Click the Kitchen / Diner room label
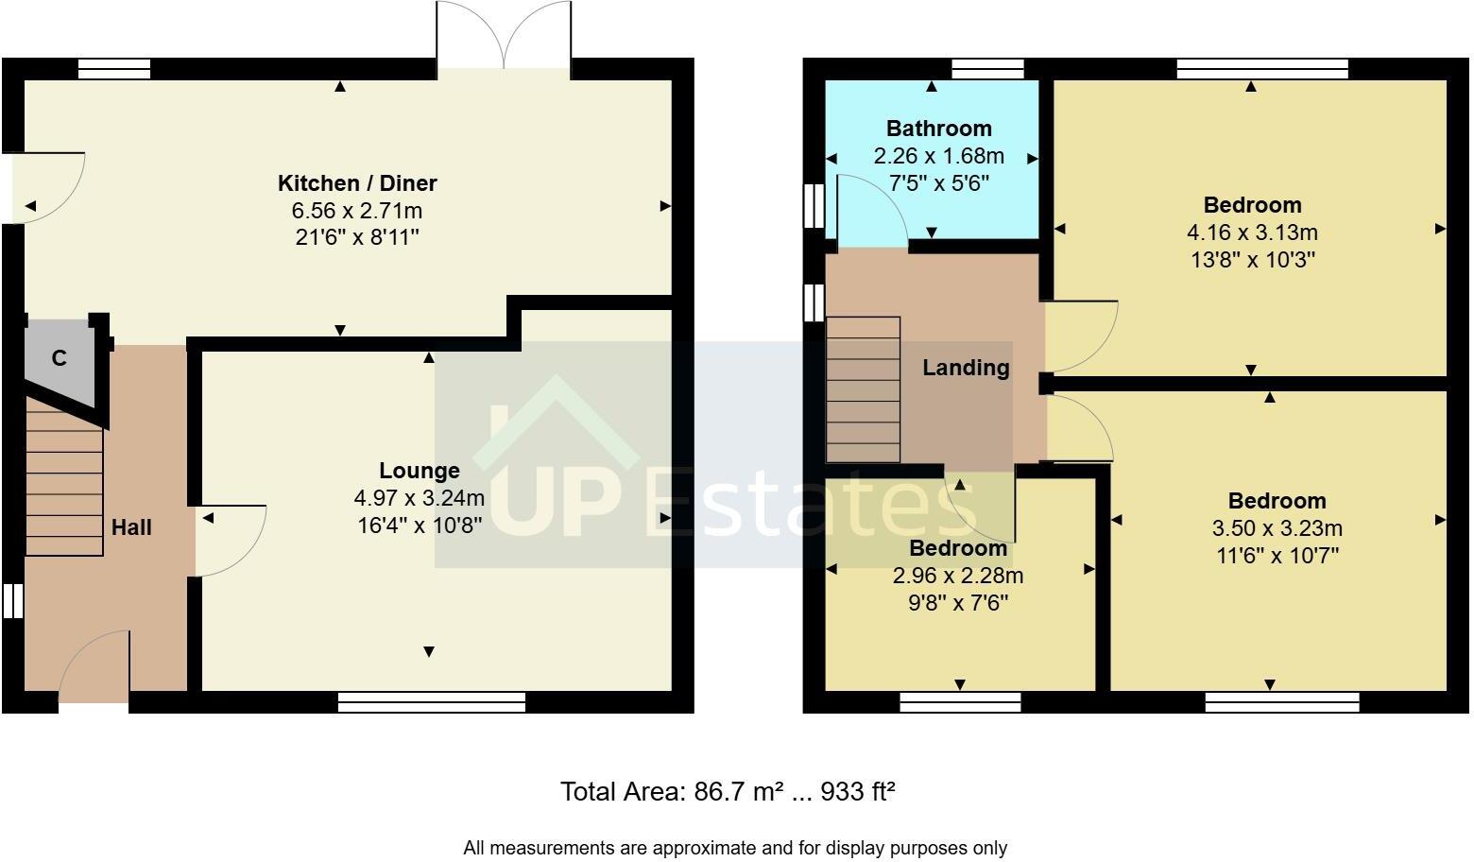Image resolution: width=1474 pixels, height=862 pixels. click(x=357, y=183)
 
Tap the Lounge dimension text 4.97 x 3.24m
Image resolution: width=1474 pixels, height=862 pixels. click(x=420, y=498)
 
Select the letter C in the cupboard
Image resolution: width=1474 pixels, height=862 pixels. click(x=60, y=358)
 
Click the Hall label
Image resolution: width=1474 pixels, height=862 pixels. click(x=131, y=527)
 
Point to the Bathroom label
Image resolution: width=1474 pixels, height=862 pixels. click(x=939, y=129)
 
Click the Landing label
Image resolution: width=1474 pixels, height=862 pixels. click(x=966, y=367)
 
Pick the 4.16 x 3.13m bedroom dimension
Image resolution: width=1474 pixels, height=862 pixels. click(x=1252, y=233)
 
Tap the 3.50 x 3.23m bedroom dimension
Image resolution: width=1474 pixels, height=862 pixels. click(x=1277, y=528)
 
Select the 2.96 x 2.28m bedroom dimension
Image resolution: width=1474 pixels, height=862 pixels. click(x=958, y=576)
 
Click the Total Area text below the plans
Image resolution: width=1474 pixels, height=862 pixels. click(x=728, y=791)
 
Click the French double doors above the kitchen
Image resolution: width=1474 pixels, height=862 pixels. click(x=504, y=34)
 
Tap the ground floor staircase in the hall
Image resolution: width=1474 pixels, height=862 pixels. click(x=64, y=476)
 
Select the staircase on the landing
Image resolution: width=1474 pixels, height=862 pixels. click(x=863, y=389)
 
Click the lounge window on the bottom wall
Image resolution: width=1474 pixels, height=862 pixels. click(x=432, y=702)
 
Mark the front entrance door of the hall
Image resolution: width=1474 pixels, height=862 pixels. click(x=94, y=664)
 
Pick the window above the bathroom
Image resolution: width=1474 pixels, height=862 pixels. click(x=987, y=68)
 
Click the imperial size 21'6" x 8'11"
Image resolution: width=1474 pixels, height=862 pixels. click(x=357, y=237)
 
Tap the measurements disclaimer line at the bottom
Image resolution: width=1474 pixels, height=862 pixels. click(x=735, y=848)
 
